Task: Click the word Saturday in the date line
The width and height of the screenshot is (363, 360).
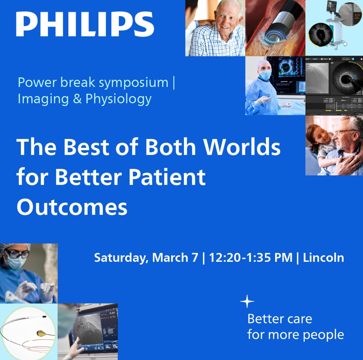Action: tap(121, 258)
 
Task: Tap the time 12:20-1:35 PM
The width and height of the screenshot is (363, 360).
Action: tap(251, 258)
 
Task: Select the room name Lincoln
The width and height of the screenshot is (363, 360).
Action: tap(323, 258)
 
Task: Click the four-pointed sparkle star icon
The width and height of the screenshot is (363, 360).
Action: tap(247, 302)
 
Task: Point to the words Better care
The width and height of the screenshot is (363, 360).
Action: tap(279, 318)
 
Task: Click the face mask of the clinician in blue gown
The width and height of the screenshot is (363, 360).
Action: tap(266, 75)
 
